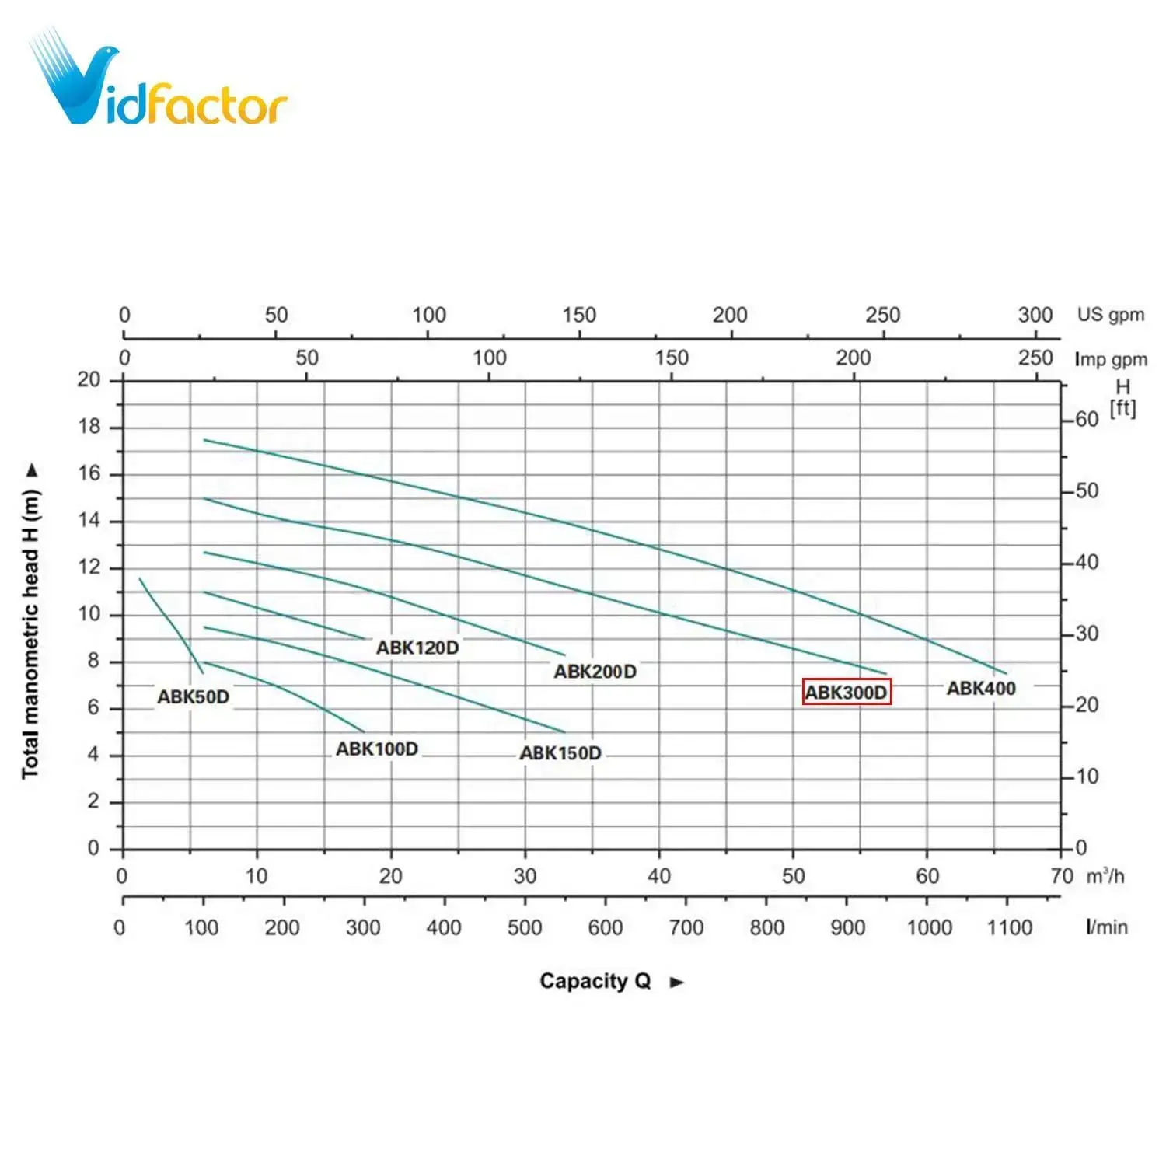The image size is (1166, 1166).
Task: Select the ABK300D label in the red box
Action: point(847,692)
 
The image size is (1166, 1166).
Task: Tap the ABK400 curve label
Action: point(981,688)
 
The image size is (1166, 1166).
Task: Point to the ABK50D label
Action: point(194,696)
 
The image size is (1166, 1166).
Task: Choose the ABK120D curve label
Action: point(417,648)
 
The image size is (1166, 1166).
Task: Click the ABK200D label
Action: point(595,672)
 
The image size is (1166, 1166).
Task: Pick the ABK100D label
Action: point(377,749)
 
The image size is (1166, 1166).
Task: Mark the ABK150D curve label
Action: point(560,753)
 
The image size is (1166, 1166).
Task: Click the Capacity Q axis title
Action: point(595,981)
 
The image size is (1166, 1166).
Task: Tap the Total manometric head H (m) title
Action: point(30,634)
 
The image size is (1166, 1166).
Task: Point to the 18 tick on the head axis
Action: point(89,427)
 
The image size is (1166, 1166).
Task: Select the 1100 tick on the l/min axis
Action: point(1010,927)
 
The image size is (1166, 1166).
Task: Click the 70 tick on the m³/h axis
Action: point(1061,876)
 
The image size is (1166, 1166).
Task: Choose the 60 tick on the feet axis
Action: point(1087,420)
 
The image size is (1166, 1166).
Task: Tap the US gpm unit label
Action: point(1111,315)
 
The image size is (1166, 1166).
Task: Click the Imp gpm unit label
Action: point(1111,359)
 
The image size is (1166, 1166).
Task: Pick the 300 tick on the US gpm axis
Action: point(1035,315)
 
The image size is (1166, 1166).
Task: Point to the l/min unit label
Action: point(1107,927)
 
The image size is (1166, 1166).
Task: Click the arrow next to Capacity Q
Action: point(677,983)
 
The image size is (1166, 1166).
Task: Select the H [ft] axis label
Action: point(1122,397)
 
